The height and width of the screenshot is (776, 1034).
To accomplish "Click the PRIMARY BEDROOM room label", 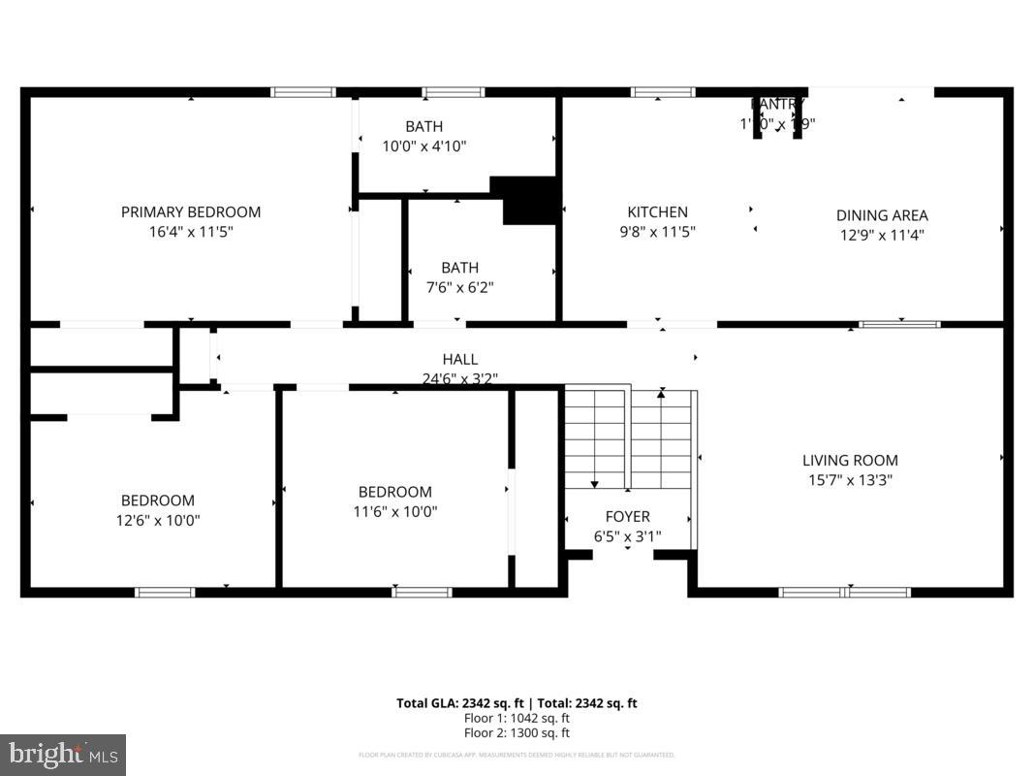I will (191, 211).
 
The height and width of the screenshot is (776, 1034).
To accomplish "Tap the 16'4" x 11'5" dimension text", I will (191, 232).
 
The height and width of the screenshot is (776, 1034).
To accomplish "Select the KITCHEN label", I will (657, 211).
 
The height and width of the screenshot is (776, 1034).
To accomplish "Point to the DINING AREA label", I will (882, 215).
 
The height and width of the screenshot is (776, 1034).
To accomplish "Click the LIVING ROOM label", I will (850, 461).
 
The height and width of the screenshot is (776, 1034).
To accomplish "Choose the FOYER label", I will (628, 516).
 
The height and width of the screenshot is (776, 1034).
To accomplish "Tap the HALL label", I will (460, 359).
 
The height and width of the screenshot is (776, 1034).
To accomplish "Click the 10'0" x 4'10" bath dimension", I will (423, 146).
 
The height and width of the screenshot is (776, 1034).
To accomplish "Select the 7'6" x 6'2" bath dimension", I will (459, 287).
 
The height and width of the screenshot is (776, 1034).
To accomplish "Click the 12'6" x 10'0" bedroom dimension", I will (158, 520).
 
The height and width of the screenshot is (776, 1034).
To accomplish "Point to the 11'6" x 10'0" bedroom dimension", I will (395, 511).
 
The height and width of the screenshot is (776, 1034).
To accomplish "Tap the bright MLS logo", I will (63, 754).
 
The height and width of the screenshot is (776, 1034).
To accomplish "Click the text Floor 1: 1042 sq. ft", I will (517, 718).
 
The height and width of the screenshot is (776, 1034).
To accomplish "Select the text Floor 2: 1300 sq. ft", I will (517, 732).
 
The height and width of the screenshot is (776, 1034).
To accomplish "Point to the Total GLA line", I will (517, 703).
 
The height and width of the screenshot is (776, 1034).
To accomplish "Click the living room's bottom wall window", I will (845, 592).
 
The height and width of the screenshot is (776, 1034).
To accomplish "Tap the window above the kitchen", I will (663, 92).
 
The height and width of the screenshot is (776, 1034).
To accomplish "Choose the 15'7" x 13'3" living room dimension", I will (850, 479).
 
